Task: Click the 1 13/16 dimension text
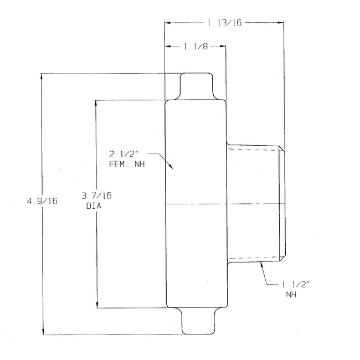(224, 23)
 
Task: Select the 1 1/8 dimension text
(195, 47)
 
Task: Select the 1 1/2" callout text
(296, 284)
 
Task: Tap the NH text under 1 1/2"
(291, 295)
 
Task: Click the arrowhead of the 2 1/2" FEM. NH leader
(172, 167)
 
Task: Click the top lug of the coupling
(197, 86)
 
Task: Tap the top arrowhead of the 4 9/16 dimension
(43, 76)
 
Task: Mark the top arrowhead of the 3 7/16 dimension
(97, 103)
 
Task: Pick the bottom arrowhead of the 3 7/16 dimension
(97, 304)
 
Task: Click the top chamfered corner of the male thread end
(282, 148)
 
